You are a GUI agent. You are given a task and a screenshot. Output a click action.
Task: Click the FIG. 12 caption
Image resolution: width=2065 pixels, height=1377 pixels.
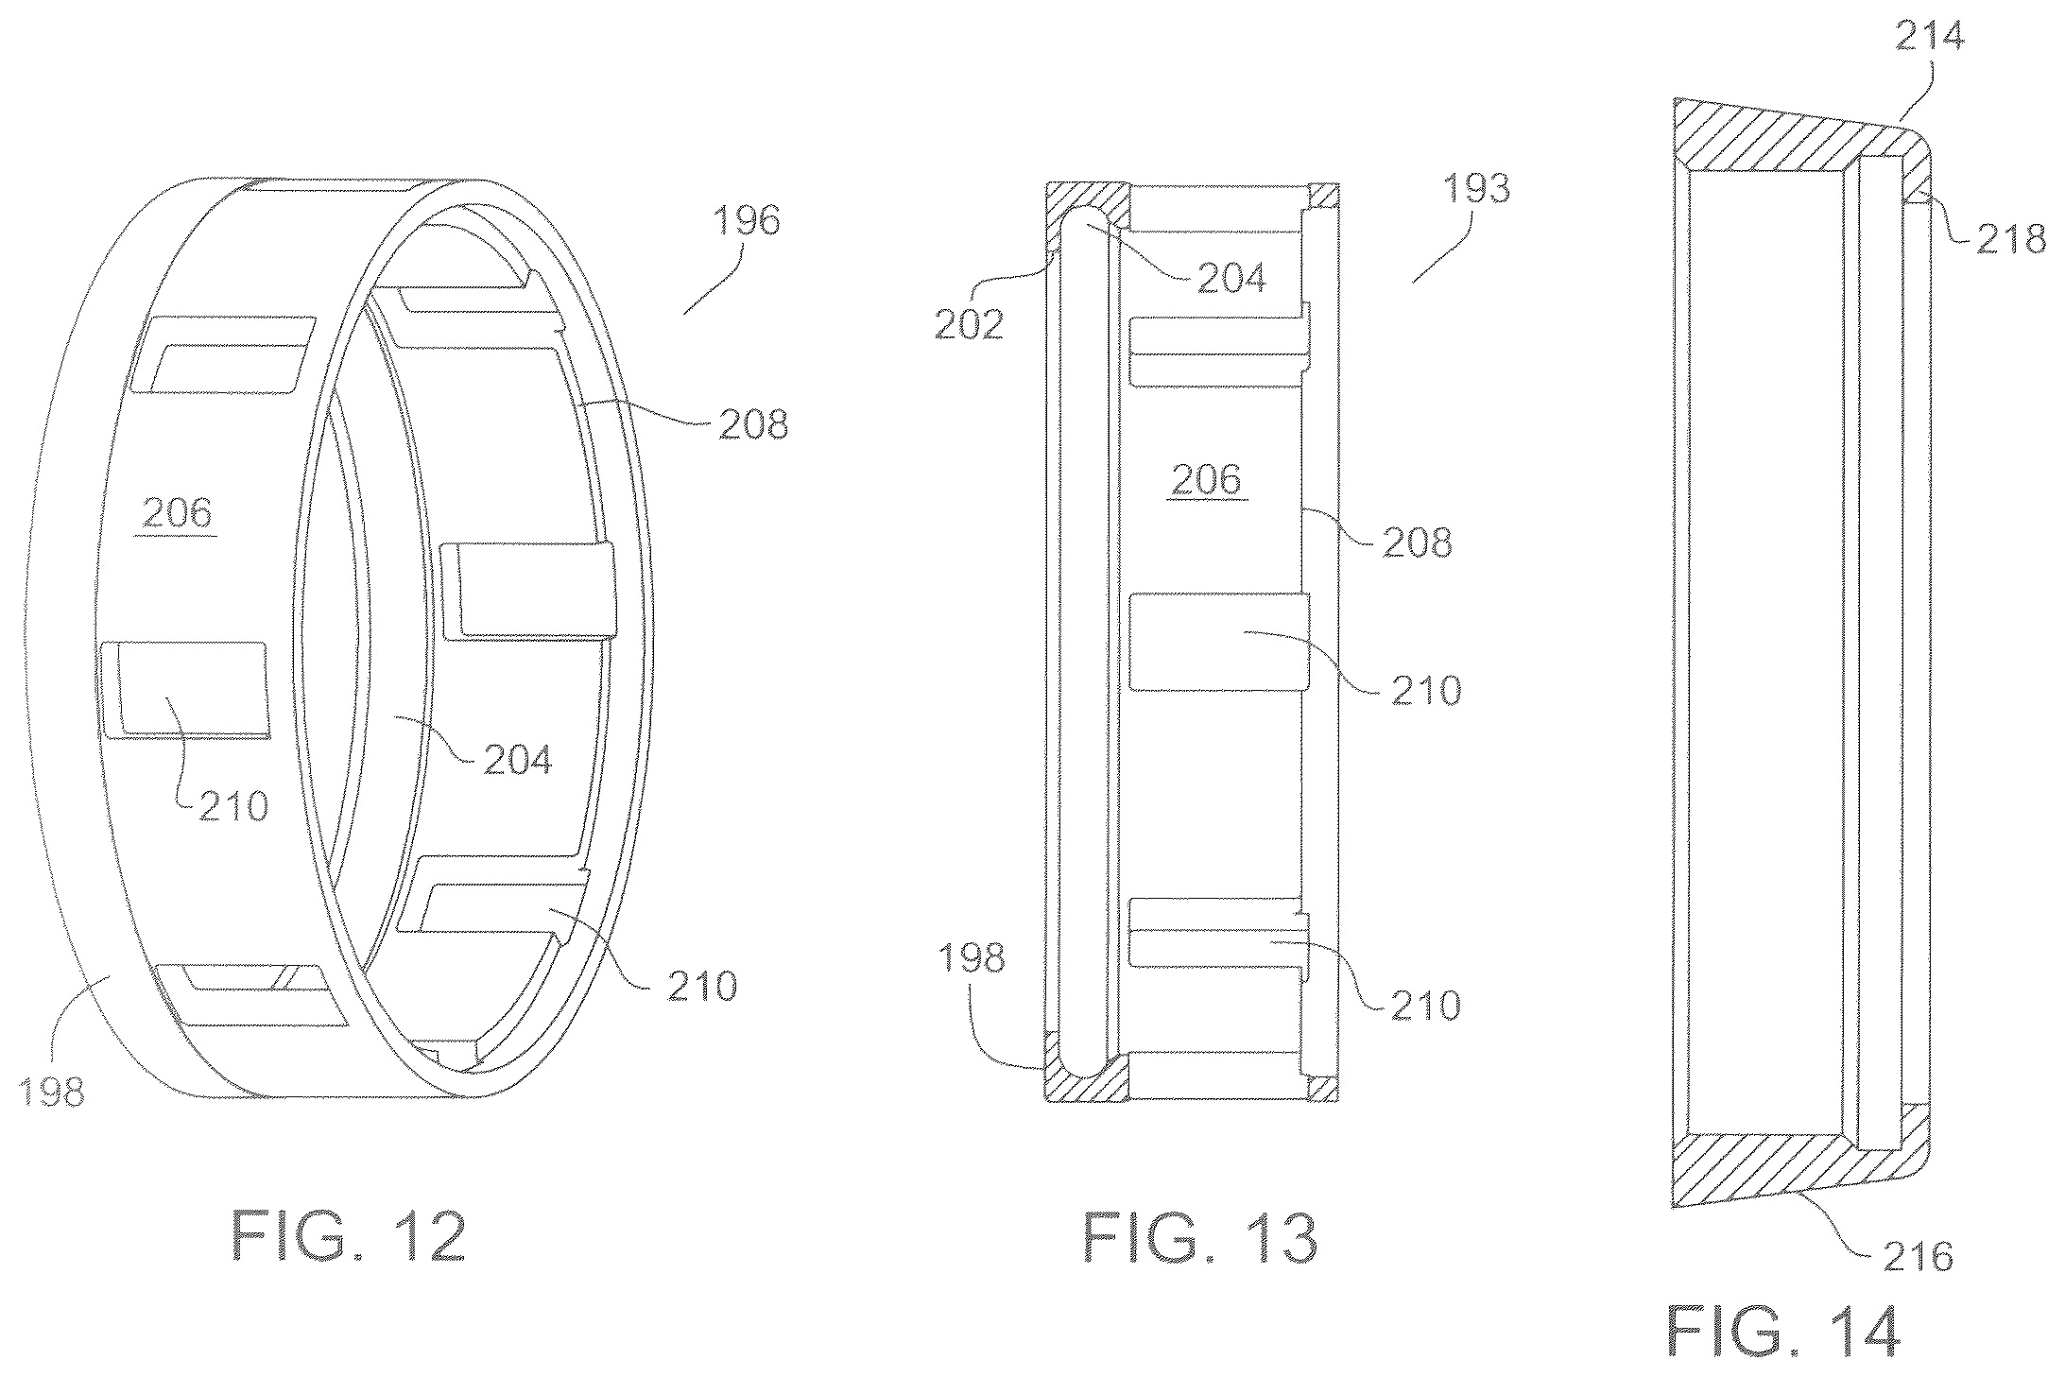click(349, 1237)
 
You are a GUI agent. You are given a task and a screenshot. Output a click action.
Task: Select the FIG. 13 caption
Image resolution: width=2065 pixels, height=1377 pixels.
click(1200, 1237)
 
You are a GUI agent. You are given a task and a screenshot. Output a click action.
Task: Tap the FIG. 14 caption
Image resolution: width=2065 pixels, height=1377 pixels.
click(1783, 1331)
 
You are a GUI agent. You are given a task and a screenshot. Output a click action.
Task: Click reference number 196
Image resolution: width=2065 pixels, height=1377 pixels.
click(747, 221)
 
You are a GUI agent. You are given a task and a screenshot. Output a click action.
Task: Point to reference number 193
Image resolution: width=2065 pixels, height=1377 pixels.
click(1478, 189)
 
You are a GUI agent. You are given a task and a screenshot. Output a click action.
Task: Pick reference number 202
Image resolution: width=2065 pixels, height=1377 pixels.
click(969, 324)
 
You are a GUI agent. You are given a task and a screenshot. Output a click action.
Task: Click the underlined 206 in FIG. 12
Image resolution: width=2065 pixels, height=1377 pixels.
click(178, 513)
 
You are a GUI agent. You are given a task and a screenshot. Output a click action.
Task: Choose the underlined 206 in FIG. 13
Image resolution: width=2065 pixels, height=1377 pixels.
click(1206, 480)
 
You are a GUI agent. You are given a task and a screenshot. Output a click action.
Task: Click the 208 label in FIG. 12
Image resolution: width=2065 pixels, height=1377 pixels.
click(753, 425)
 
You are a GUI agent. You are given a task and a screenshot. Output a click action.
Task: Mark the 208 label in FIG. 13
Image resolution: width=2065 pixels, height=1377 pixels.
click(1417, 542)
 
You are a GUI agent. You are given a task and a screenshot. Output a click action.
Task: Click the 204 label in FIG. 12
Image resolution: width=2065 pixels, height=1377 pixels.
click(518, 760)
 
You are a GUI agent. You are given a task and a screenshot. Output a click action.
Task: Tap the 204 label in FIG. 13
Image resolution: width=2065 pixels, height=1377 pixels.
click(1232, 278)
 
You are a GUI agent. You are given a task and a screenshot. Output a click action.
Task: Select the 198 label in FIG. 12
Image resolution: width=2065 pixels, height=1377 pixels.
click(51, 1093)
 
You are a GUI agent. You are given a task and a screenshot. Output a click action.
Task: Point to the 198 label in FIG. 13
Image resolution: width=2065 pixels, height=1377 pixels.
click(972, 958)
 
